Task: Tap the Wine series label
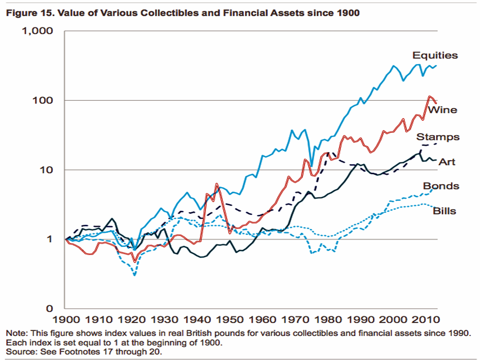pos(442,110)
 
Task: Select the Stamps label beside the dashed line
pos(438,137)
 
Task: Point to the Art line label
pos(447,162)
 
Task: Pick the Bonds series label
pos(441,186)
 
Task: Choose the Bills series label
pos(444,210)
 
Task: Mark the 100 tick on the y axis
pos(43,100)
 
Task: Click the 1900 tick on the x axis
pos(66,320)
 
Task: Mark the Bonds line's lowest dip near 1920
pos(135,275)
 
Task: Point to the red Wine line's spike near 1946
pos(216,184)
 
